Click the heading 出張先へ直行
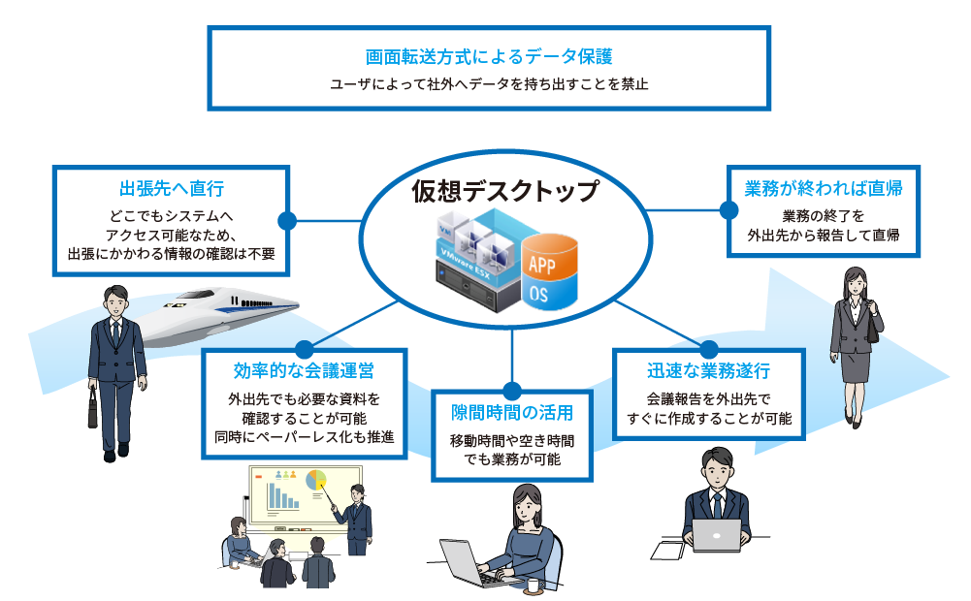tap(172, 188)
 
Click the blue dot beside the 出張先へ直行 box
tap(287, 220)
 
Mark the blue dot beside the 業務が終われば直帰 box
tap(727, 207)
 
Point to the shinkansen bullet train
tap(213, 310)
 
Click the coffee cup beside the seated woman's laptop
tap(533, 585)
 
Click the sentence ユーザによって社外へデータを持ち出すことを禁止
tap(488, 84)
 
